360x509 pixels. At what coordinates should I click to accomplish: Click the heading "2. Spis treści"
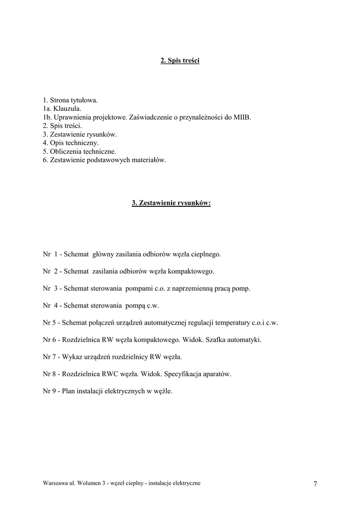coord(180,61)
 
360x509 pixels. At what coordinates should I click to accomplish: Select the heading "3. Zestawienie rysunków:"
coord(171,203)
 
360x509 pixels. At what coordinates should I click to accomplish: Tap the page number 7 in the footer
coord(315,484)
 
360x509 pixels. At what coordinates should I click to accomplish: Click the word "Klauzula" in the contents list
coord(66,109)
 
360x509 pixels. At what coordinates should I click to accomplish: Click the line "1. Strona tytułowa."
coord(70,100)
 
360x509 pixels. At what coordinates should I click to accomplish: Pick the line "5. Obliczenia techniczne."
coord(80,151)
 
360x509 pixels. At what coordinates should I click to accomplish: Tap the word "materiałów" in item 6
coord(149,160)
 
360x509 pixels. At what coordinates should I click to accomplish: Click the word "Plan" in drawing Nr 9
coord(69,391)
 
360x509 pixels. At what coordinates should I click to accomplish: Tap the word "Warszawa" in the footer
coord(54,483)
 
